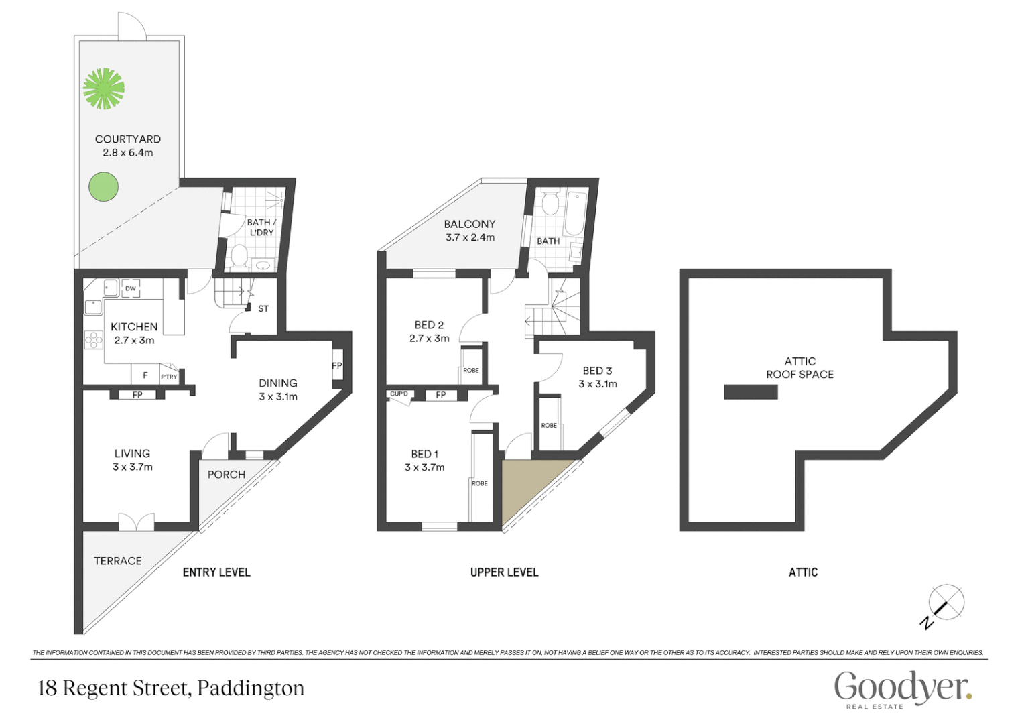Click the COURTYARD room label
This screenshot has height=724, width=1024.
pos(127,139)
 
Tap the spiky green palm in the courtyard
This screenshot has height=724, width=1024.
pos(103,88)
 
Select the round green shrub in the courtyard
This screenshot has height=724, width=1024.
pos(103,186)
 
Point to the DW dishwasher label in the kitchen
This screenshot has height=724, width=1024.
pos(131,289)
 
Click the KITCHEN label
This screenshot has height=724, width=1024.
pos(134,327)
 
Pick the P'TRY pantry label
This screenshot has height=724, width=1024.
pos(169,377)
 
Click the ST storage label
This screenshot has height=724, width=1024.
pos(263,309)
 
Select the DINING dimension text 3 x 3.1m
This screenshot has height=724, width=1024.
pos(278,397)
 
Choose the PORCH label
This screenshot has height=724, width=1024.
pos(227,475)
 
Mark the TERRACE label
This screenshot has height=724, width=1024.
pos(118,561)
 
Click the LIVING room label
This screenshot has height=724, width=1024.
pos(132,454)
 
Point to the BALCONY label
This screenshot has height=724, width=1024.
pos(470,224)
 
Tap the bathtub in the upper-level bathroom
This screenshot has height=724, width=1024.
pos(575,213)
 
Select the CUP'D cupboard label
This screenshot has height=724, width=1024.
pos(399,394)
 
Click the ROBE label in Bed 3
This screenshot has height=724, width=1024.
pos(549,426)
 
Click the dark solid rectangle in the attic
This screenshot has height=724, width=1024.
pos(751,391)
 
